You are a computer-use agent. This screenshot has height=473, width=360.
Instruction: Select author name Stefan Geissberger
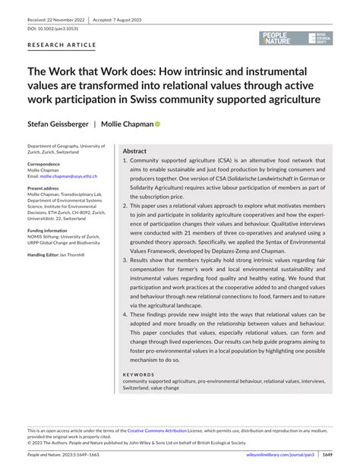click(57, 123)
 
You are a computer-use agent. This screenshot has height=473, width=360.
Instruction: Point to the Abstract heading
click(134, 150)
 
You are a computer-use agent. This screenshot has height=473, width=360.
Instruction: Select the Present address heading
click(44, 188)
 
